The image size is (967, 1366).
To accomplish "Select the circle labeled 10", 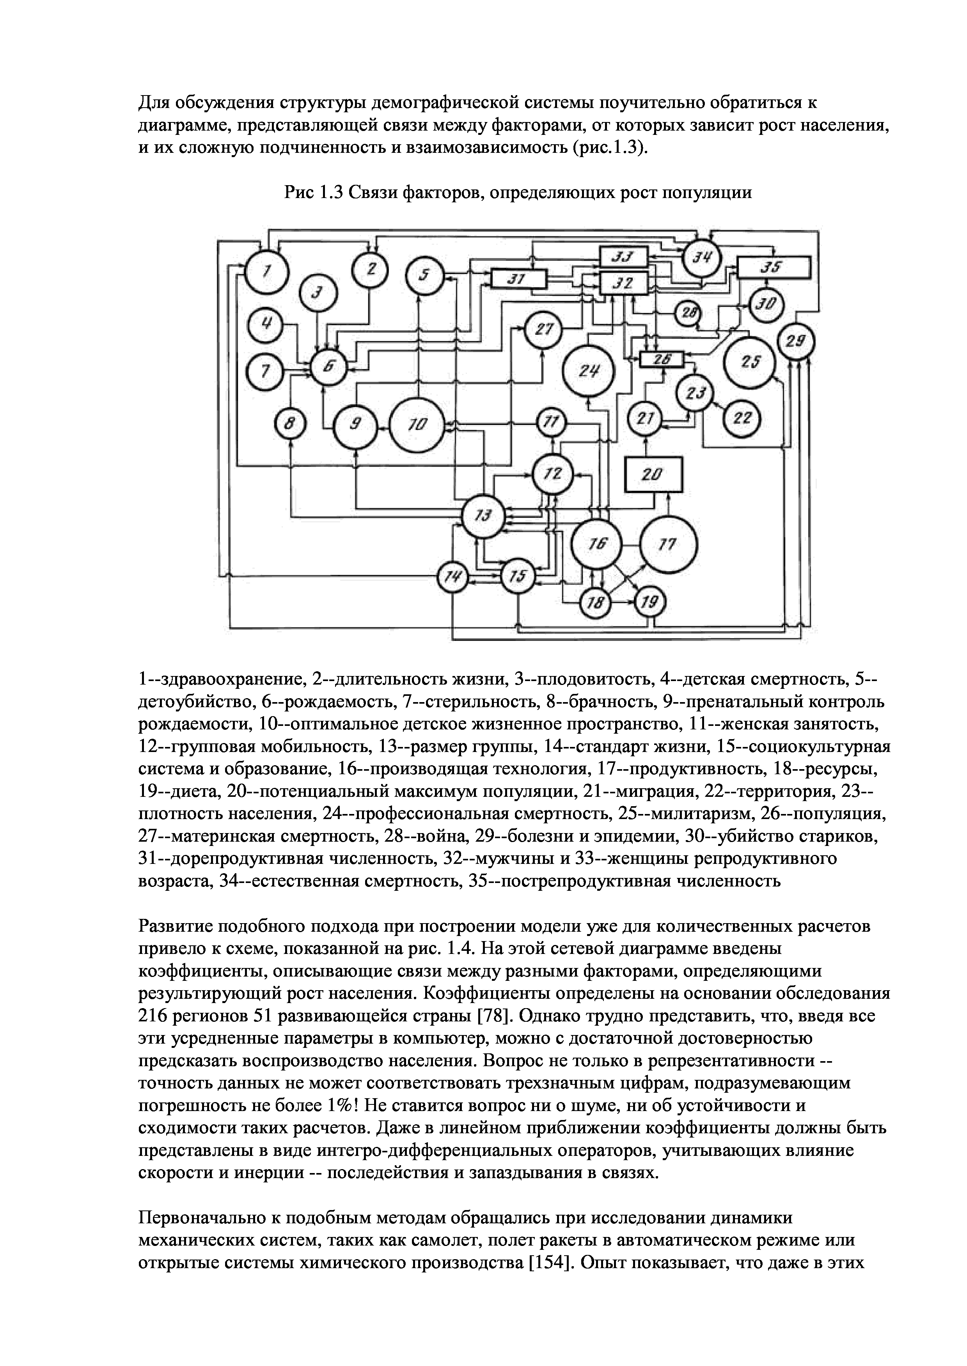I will pos(418,424).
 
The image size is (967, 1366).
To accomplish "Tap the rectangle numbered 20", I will pos(653,475).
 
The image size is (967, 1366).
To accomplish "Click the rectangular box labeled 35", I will pos(774,268).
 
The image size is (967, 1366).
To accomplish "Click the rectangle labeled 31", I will pos(518,279).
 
